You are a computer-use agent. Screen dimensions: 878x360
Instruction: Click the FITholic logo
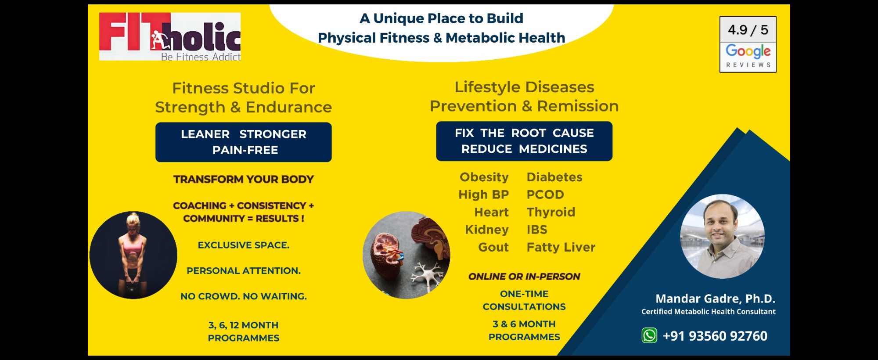(x=170, y=36)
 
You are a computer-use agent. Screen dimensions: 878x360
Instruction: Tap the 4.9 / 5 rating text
(x=748, y=30)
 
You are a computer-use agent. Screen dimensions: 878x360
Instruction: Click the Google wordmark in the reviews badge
(x=748, y=51)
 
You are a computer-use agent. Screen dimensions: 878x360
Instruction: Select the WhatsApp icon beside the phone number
(x=649, y=335)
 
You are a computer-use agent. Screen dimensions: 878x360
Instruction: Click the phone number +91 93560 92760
(x=715, y=336)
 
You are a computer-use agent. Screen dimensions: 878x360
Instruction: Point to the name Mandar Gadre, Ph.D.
(x=715, y=299)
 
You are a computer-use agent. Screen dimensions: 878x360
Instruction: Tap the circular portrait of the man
(x=722, y=236)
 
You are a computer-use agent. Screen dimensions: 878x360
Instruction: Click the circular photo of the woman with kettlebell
(x=133, y=255)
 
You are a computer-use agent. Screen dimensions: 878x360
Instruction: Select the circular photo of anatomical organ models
(x=407, y=255)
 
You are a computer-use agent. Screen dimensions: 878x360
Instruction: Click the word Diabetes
(x=554, y=177)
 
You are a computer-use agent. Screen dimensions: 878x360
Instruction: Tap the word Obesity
(x=484, y=177)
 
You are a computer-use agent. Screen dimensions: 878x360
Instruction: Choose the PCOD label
(x=545, y=194)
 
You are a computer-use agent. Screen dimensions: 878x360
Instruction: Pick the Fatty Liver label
(x=561, y=248)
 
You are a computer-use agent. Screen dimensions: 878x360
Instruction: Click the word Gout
(x=493, y=247)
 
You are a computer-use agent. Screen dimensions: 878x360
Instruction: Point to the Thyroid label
(x=551, y=212)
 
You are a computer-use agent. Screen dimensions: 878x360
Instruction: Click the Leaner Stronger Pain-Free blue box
(x=244, y=142)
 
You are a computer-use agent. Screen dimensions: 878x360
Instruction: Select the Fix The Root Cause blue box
(x=524, y=141)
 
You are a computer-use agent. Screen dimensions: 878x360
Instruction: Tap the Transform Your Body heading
(x=244, y=179)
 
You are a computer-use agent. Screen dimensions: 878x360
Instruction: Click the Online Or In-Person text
(x=524, y=277)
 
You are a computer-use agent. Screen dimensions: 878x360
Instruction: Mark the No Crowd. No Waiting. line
(x=244, y=296)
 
